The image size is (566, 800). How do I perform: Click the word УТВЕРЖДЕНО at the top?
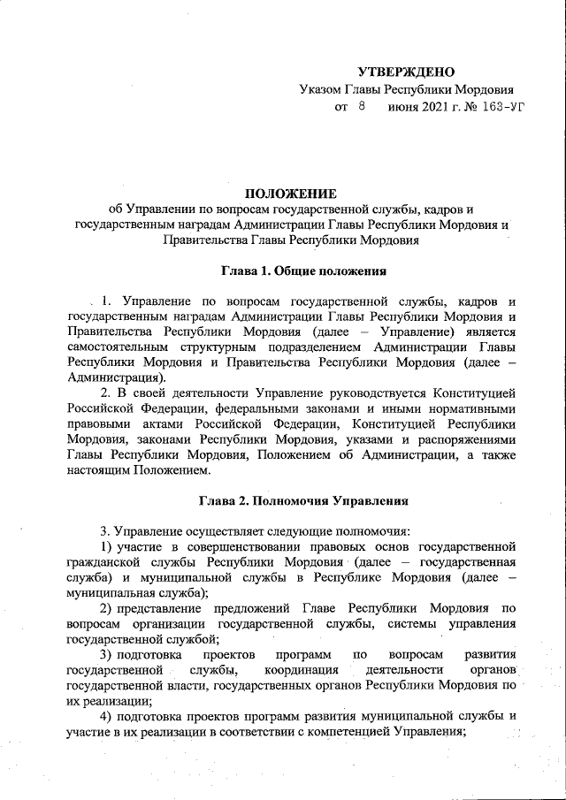(405, 72)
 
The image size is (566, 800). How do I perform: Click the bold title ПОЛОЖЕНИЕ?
(291, 194)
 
